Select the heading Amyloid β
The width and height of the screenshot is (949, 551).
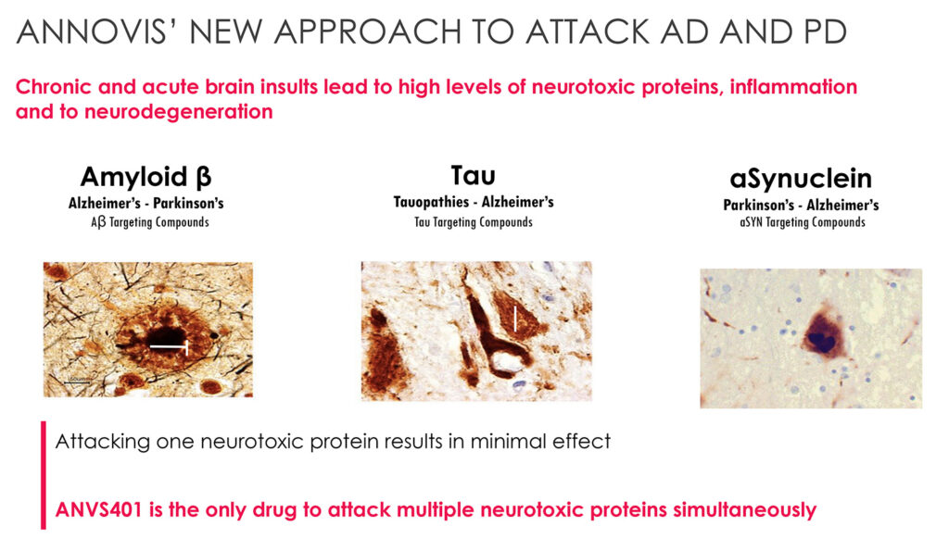(146, 177)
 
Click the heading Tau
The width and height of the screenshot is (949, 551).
(474, 175)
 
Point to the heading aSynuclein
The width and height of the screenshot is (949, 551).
(801, 179)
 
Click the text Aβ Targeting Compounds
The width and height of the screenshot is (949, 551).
(149, 222)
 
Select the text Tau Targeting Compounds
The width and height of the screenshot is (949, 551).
(474, 222)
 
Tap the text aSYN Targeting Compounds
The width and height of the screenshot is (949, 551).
(802, 222)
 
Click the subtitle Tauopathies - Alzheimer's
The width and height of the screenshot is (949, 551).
(474, 202)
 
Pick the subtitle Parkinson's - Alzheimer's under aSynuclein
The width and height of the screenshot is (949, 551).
(801, 205)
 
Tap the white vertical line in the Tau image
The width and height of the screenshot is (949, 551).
(515, 319)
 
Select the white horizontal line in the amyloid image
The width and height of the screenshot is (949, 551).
(169, 347)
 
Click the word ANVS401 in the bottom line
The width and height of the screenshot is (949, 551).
(98, 509)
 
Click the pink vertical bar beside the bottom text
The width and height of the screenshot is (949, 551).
(43, 475)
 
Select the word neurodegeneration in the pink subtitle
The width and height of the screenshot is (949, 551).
(179, 112)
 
